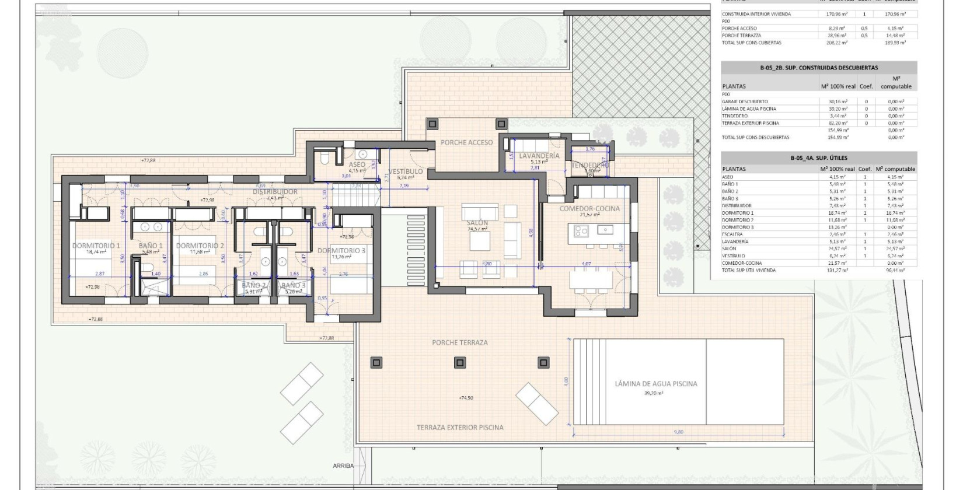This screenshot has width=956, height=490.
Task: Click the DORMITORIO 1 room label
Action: [x=96, y=246]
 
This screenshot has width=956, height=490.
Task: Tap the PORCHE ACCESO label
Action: [x=466, y=142]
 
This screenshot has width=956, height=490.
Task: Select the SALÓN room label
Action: [x=477, y=223]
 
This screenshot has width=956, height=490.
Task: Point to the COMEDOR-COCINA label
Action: [x=589, y=208]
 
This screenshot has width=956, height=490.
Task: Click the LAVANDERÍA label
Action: [x=539, y=156]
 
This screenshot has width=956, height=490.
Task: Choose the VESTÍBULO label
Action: [x=405, y=171]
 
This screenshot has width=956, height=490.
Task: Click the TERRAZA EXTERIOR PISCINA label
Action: [x=460, y=427]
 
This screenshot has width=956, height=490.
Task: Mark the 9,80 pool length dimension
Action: [x=678, y=432]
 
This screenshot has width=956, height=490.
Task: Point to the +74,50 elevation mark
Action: [x=466, y=398]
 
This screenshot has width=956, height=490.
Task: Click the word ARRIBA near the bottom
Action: [x=343, y=466]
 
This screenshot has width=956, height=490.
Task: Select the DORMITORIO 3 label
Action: [x=341, y=251]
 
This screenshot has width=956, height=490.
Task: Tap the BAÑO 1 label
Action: [x=151, y=246]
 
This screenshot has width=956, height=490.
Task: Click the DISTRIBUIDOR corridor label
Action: [x=275, y=191]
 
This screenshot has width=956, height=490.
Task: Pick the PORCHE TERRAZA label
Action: [x=459, y=342]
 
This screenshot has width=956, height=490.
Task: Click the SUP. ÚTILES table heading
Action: [x=819, y=158]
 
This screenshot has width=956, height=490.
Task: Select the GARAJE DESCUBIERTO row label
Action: [x=745, y=101]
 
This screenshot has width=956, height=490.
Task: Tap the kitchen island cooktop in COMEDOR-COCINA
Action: [x=581, y=232]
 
